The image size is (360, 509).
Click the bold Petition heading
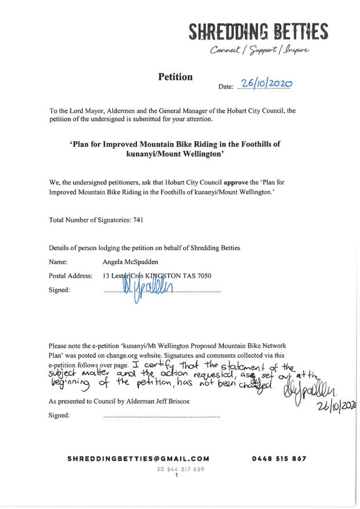[175, 76]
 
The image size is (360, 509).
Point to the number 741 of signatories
[138, 220]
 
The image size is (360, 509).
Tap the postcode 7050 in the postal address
[203, 276]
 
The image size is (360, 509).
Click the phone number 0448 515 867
[279, 458]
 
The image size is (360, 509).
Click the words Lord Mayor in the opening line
[82, 111]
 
